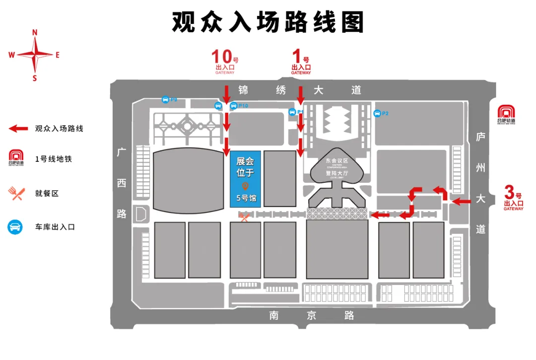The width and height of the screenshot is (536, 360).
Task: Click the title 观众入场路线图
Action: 268,22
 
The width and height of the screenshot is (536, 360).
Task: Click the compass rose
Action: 35,55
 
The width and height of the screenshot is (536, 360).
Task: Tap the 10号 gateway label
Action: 225,62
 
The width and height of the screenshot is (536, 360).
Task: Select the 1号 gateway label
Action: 301,62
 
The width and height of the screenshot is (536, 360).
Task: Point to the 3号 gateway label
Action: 513,197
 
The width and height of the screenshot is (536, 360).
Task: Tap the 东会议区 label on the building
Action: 337,160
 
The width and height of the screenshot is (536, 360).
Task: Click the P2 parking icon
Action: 378,113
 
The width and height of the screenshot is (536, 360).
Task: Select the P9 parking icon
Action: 165,99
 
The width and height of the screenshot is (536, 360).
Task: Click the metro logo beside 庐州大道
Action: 506,114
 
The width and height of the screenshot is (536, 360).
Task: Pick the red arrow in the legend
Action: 19,129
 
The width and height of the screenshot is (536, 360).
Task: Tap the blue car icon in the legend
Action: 15,227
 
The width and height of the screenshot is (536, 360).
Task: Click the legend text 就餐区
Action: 47,193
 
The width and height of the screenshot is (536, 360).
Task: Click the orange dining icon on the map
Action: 244,217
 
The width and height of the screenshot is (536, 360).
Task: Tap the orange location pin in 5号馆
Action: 245,186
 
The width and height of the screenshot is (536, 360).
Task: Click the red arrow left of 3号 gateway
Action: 461,201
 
